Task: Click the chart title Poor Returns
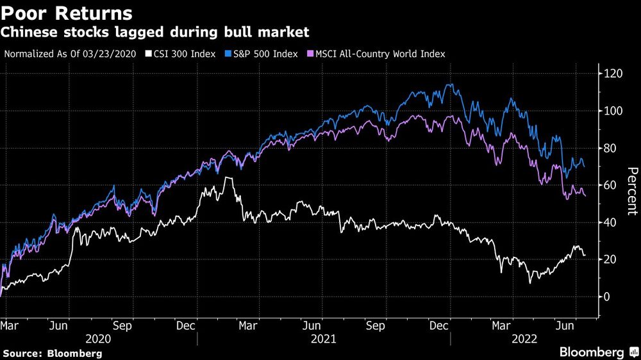click(67, 13)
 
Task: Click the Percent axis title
click(632, 190)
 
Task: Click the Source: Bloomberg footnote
click(53, 353)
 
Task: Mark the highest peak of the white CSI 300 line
click(226, 177)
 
